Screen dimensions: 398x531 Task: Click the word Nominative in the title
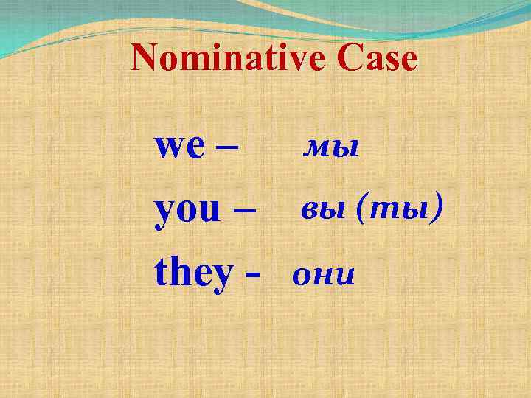tap(226, 59)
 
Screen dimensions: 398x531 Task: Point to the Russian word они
tap(324, 277)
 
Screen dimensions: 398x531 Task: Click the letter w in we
tap(168, 148)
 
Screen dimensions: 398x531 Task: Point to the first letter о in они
tap(302, 278)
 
